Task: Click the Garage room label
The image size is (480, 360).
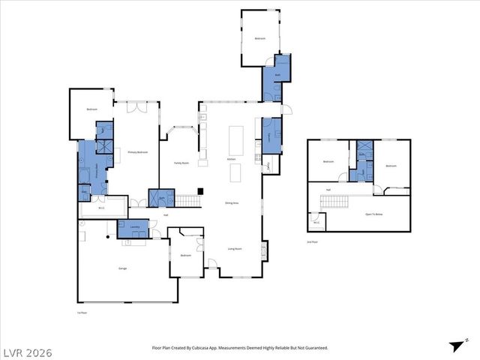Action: tap(122, 268)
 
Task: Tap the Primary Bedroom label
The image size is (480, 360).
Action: tap(137, 152)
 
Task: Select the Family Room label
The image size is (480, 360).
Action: tap(181, 162)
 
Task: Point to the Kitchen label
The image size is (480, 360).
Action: tap(232, 160)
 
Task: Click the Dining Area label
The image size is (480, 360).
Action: tap(232, 203)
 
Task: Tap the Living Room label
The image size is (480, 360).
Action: tap(235, 249)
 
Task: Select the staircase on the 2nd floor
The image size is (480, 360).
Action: tap(334, 201)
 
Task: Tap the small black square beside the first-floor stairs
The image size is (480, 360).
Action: tap(199, 190)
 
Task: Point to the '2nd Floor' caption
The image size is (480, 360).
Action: tap(313, 242)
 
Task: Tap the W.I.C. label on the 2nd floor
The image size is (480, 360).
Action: tap(316, 221)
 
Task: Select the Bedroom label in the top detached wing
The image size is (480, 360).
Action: tap(260, 38)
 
